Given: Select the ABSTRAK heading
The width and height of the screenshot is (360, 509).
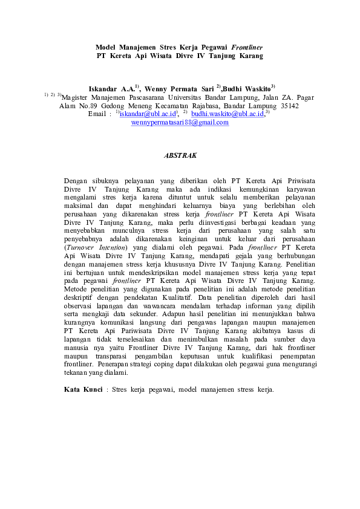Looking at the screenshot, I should [x=180, y=155].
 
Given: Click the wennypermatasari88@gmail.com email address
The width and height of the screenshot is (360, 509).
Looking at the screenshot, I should [x=180, y=122].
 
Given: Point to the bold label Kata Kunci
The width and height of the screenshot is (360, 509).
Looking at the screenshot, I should [x=83, y=389].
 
